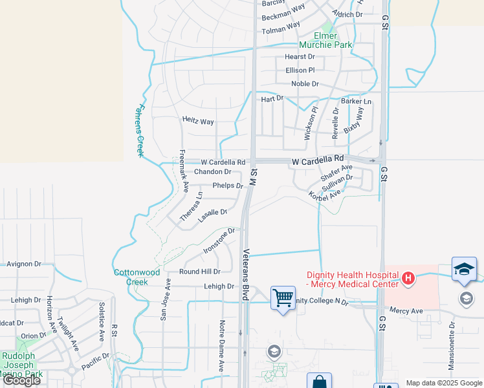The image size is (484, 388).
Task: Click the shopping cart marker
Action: coord(283,298)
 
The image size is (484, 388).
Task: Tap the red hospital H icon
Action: coord(408,279)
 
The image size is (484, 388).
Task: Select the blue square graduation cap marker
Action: coord(464,269)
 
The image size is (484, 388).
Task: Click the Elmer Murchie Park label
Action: coord(324,41)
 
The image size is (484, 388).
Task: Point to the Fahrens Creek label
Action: coord(138,131)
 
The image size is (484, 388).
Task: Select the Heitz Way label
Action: coord(198,121)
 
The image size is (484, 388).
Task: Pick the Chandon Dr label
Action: coord(212,172)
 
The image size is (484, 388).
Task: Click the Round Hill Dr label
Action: coord(200,272)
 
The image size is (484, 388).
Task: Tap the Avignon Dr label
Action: coord(23,264)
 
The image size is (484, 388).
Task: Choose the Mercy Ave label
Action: coord(405,310)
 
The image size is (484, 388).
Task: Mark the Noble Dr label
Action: coord(305,84)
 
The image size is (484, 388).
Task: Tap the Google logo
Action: coord(21,380)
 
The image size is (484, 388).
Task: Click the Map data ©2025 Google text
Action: coord(443,383)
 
